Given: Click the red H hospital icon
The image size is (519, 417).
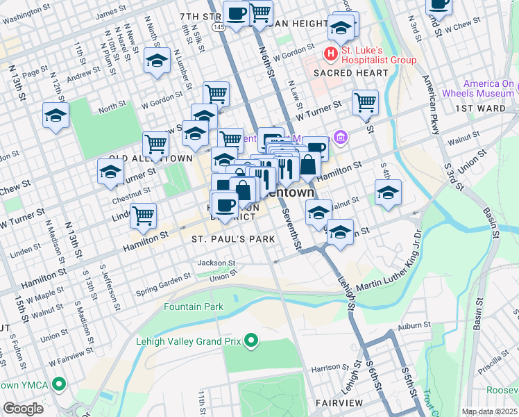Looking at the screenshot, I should [x=331, y=54].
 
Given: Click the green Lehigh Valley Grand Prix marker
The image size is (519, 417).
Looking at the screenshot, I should [x=251, y=341].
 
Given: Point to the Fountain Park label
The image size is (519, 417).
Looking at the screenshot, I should [x=194, y=306].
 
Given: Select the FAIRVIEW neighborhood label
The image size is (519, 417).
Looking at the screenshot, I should [x=339, y=402].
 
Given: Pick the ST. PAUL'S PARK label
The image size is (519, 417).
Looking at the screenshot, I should [x=233, y=238].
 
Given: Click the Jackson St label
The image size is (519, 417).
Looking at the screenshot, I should [x=216, y=263].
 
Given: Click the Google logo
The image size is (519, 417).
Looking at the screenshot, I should [x=23, y=409].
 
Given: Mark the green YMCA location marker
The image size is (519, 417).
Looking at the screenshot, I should [x=59, y=384].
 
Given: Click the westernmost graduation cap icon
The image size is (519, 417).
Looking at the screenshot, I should [x=56, y=117].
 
